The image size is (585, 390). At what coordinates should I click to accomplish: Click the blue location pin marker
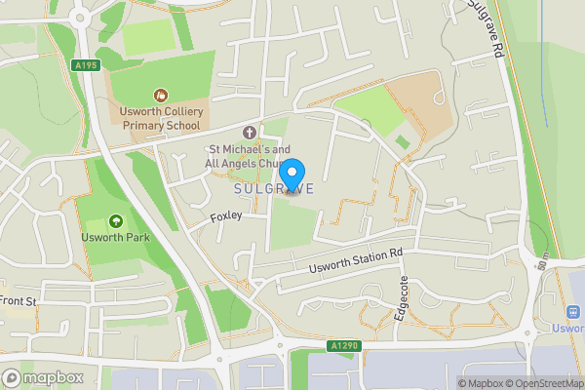pyautogui.click(x=290, y=174)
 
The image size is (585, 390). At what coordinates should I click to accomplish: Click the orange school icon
pyautogui.click(x=159, y=95)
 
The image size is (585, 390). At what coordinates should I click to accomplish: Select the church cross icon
pyautogui.click(x=249, y=132)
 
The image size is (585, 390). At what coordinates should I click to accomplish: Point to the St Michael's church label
pyautogui.click(x=249, y=156)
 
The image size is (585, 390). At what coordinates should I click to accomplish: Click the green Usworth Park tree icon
pyautogui.click(x=116, y=221)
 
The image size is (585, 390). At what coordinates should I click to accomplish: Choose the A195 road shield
pyautogui.click(x=86, y=65)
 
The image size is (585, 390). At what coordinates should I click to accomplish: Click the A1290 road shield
pyautogui.click(x=344, y=345)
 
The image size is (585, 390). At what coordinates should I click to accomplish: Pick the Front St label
pyautogui.click(x=18, y=301)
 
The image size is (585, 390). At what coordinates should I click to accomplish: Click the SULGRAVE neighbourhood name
pyautogui.click(x=274, y=189)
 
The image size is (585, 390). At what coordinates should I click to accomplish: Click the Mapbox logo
pyautogui.click(x=41, y=377)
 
